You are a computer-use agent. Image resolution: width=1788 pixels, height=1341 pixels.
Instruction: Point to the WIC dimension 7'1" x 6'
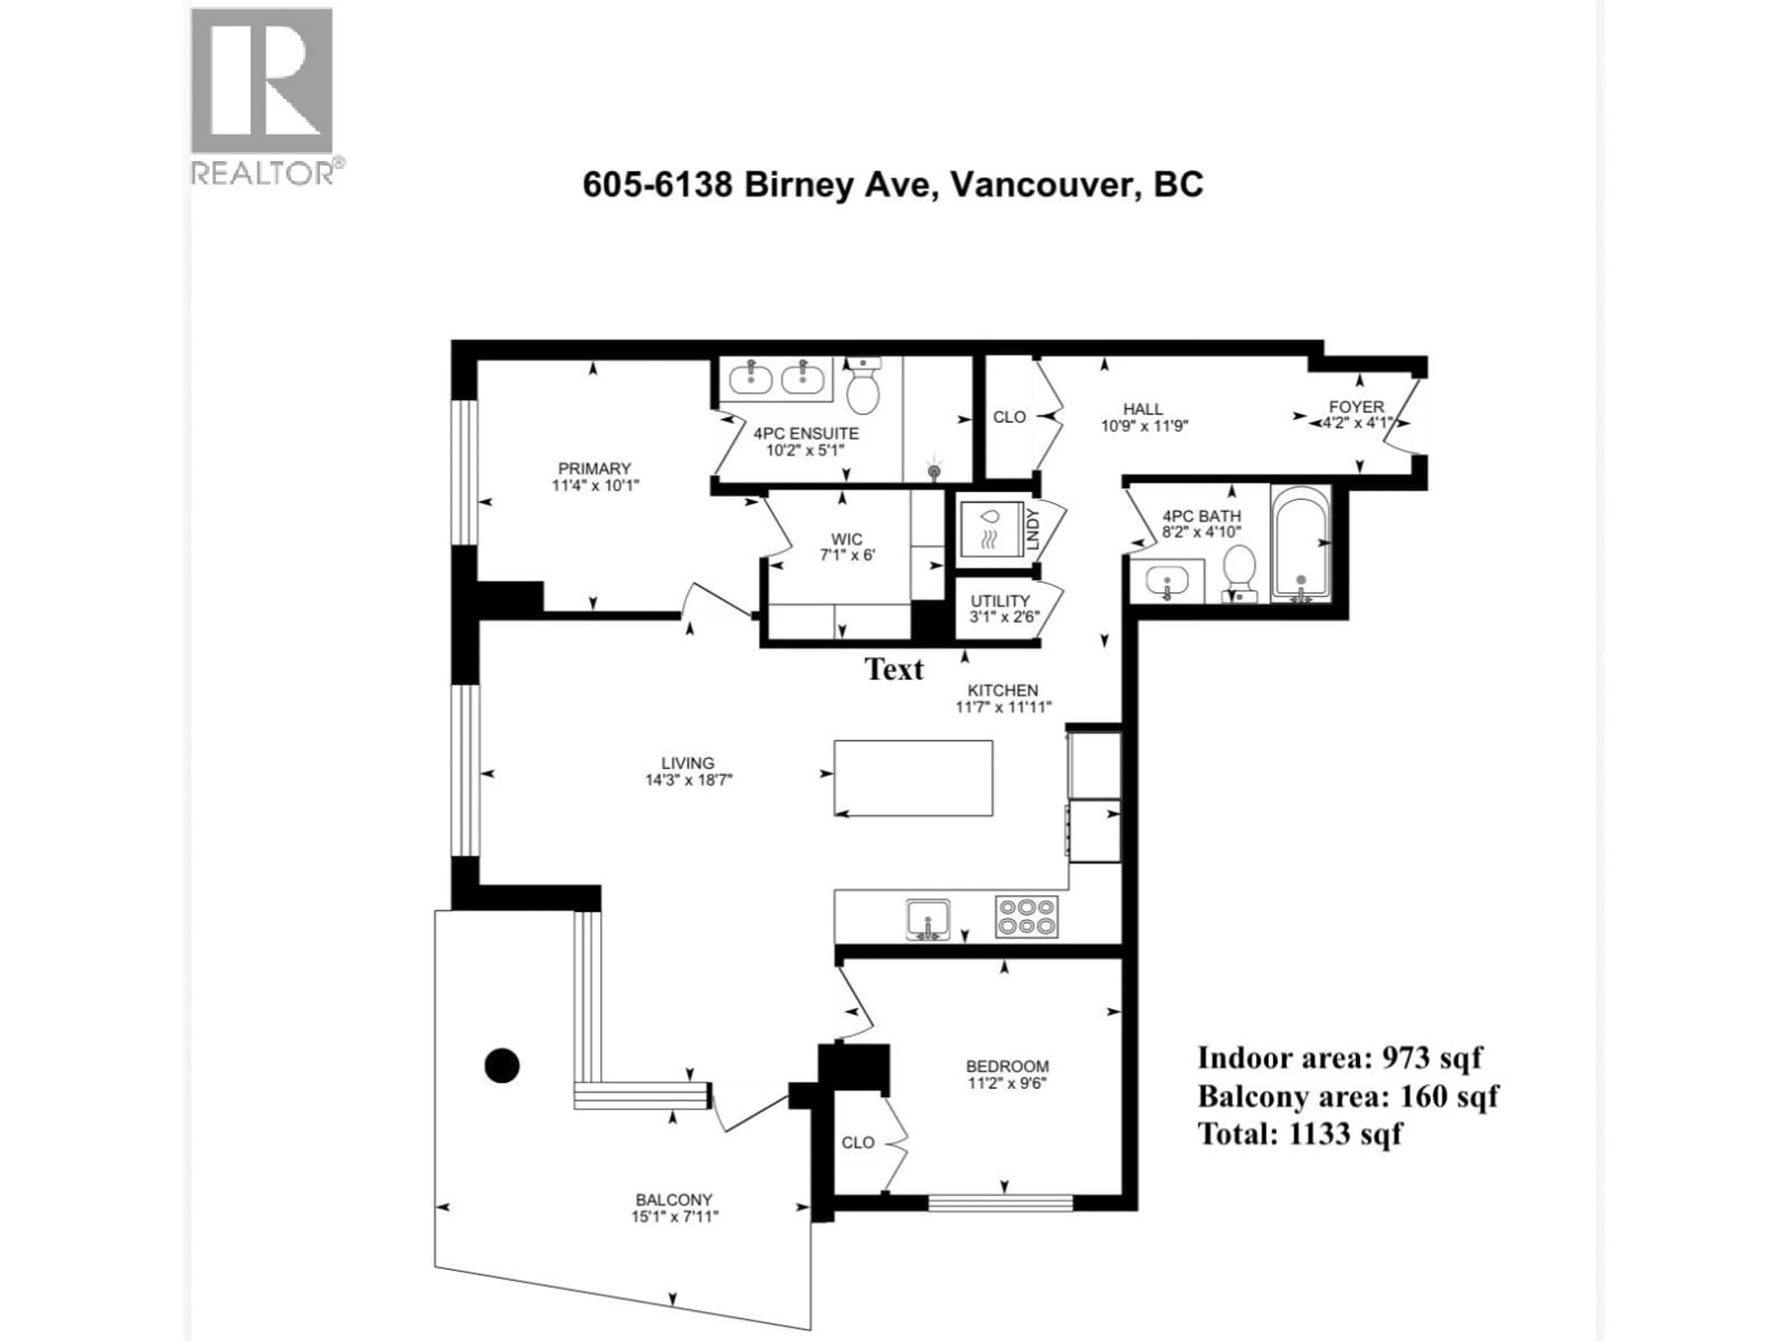(x=847, y=556)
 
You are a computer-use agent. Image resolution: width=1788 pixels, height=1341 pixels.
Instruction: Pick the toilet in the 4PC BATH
(x=1239, y=571)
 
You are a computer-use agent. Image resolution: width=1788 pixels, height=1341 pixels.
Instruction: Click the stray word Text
(x=894, y=669)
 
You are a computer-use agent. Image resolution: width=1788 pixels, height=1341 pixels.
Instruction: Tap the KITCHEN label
(x=1003, y=691)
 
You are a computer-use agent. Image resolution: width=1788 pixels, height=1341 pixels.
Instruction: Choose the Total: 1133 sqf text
(x=1300, y=1134)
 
